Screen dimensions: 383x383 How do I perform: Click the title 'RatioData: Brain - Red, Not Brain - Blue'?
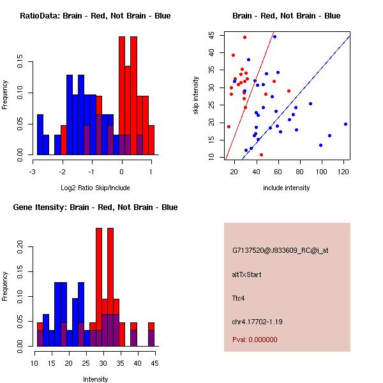pyautogui.click(x=95, y=15)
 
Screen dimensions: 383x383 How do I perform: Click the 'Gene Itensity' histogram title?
pyautogui.click(x=95, y=207)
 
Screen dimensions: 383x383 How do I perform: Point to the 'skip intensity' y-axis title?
pyautogui.click(x=197, y=96)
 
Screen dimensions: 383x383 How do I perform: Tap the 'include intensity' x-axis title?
pyautogui.click(x=287, y=188)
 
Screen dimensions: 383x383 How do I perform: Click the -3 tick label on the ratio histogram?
pyautogui.click(x=33, y=172)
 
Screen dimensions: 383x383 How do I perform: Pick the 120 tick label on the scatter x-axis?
pyautogui.click(x=343, y=172)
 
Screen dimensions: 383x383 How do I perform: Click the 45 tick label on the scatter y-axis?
pyautogui.click(x=211, y=36)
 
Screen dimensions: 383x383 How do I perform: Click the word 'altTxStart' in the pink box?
pyautogui.click(x=246, y=274)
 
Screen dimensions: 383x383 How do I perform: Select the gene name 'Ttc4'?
pyautogui.click(x=239, y=297)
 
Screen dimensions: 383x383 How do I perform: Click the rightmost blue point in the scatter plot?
pyautogui.click(x=345, y=124)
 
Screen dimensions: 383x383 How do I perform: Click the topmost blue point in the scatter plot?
pyautogui.click(x=274, y=36)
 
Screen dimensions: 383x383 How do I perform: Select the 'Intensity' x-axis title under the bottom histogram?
pyautogui.click(x=95, y=379)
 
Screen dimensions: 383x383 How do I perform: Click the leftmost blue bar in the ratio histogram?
pyautogui.click(x=40, y=135)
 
